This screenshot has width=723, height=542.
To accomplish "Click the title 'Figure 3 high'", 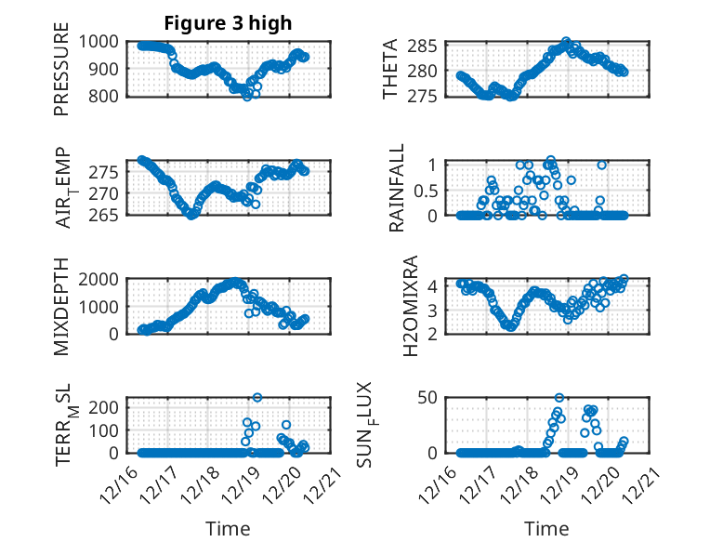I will (228, 22).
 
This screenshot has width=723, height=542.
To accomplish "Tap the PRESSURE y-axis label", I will (61, 75).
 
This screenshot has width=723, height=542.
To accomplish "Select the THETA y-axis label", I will (390, 70).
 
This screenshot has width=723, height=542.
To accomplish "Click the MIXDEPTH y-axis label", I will (61, 304).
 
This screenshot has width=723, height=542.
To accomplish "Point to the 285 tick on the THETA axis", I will (423, 46).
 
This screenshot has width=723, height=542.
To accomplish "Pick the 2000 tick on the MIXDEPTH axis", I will (99, 279).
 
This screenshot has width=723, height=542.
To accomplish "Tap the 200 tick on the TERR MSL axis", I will (104, 407).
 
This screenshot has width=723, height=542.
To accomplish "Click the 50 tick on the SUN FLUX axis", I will (427, 399).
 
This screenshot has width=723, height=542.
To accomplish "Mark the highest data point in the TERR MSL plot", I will (257, 397).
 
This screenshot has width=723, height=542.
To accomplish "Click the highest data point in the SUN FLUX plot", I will (559, 397).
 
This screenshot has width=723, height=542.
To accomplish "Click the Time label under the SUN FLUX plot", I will (546, 528).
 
